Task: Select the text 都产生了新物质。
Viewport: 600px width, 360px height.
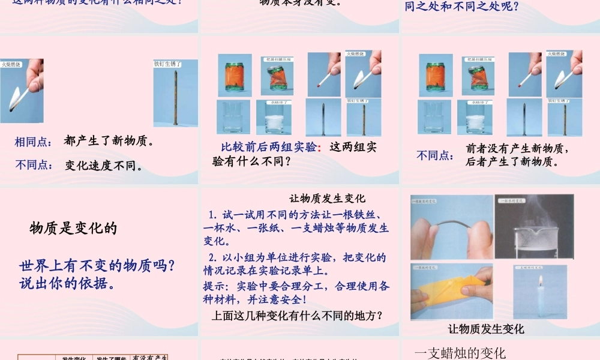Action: point(109,142)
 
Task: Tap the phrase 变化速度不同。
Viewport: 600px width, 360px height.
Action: point(104,166)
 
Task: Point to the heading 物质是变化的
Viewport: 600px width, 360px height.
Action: point(73,228)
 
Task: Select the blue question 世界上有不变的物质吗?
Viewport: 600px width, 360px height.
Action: point(97,265)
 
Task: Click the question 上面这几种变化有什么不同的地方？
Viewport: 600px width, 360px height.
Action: point(298,315)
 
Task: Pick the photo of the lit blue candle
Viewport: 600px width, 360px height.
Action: point(540,292)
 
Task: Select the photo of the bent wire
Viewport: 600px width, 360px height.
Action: point(452,226)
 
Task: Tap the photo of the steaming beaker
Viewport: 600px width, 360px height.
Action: point(535,226)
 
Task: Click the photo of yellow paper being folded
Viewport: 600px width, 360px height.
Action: point(452,292)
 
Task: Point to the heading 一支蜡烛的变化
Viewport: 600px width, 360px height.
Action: point(460,353)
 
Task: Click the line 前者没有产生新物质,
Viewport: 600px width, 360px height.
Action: point(517,148)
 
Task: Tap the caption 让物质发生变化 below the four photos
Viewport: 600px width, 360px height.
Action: point(486,329)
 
